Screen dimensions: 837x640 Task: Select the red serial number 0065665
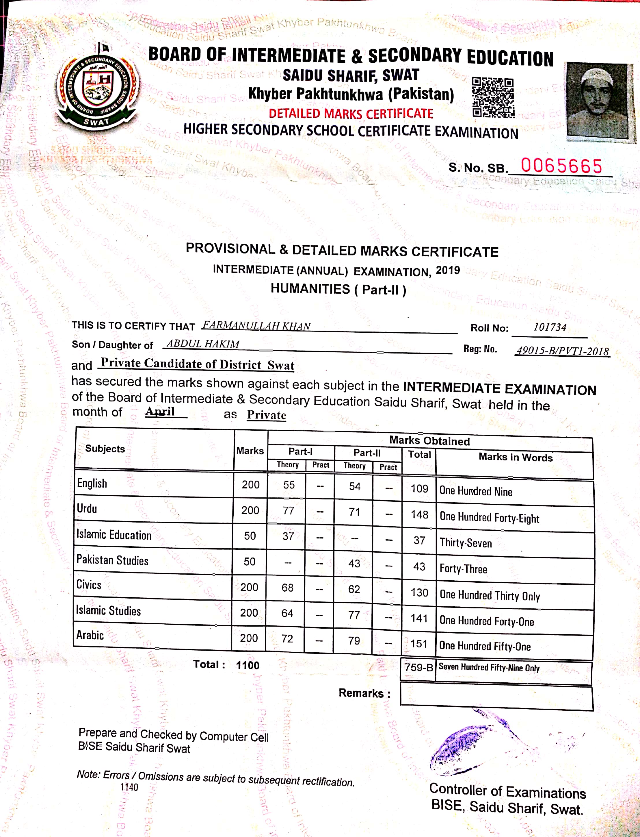point(561,166)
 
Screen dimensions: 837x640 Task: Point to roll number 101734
point(549,327)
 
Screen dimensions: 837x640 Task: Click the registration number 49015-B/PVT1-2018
point(562,351)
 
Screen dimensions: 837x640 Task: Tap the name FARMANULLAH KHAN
point(256,326)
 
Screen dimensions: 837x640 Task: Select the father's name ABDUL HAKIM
point(203,344)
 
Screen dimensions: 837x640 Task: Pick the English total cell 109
point(419,489)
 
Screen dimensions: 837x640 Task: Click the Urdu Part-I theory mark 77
point(289,510)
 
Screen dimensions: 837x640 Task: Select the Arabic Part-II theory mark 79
point(354,640)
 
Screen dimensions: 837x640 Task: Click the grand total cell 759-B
point(418,667)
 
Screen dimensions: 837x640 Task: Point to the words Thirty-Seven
point(466,543)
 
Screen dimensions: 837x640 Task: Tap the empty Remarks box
point(496,698)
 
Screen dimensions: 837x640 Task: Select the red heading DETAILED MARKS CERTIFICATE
point(351,114)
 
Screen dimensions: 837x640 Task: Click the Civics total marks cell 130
point(419,593)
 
